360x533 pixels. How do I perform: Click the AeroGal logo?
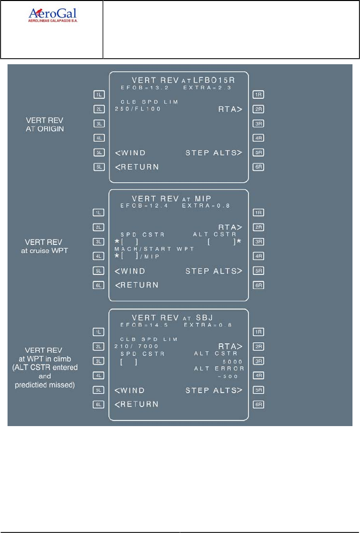click(x=52, y=15)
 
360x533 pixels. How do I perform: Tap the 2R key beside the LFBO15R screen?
click(x=259, y=108)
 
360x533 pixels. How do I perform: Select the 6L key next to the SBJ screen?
click(x=98, y=404)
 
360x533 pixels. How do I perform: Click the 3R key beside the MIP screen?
click(x=259, y=242)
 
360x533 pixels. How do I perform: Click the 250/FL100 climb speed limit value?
click(x=138, y=108)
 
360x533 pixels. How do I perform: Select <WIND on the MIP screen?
click(x=130, y=271)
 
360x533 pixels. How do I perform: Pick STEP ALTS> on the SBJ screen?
click(x=214, y=390)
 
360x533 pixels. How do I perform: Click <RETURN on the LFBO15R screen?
click(x=137, y=167)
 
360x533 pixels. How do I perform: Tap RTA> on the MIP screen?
click(x=230, y=227)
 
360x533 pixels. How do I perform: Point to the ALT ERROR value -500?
click(x=232, y=376)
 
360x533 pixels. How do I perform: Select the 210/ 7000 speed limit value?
click(x=137, y=346)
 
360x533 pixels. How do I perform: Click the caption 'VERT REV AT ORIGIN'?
click(x=48, y=124)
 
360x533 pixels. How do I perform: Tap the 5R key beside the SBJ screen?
click(x=259, y=390)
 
